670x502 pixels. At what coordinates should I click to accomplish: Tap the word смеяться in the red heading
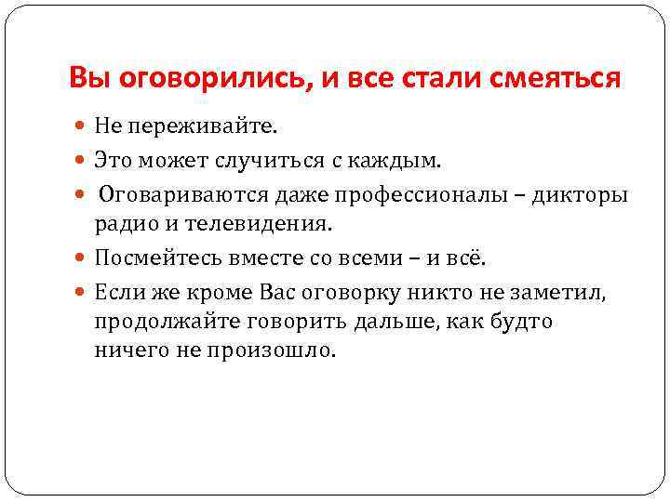coord(558,78)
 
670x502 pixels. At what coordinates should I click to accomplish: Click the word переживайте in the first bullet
coord(191,126)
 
